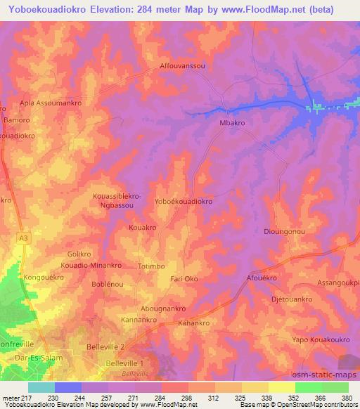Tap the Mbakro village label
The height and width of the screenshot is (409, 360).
(232, 122)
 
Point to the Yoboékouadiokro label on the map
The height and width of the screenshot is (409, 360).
(183, 201)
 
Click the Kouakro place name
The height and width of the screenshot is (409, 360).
(142, 228)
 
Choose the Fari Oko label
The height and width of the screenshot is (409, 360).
(184, 279)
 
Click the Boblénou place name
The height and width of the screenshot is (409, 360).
(108, 284)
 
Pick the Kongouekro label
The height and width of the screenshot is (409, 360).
(44, 278)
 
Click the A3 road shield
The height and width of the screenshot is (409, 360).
(25, 239)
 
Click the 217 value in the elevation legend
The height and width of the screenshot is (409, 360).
(27, 398)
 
